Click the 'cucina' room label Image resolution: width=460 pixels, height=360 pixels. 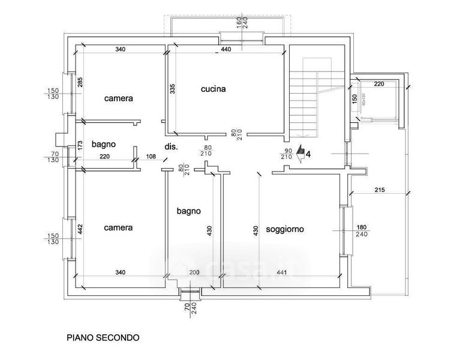click(213, 89)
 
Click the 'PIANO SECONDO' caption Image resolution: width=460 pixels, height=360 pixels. click(103, 337)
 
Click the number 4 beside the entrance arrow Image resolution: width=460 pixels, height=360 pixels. click(308, 154)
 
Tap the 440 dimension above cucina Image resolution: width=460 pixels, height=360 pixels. click(226, 49)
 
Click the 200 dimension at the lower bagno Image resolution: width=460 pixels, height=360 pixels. click(193, 273)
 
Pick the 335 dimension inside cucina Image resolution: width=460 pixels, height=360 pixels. click(173, 89)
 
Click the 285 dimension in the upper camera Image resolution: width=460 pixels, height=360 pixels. click(80, 83)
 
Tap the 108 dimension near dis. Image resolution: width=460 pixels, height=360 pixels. click(151, 157)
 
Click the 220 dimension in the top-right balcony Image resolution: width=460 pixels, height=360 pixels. click(378, 85)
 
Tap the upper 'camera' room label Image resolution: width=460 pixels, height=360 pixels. click(118, 98)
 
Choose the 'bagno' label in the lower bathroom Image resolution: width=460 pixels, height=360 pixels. click(188, 211)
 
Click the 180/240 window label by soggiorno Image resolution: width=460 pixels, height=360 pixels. click(361, 230)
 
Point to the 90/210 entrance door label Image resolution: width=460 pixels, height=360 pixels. click(287, 154)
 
